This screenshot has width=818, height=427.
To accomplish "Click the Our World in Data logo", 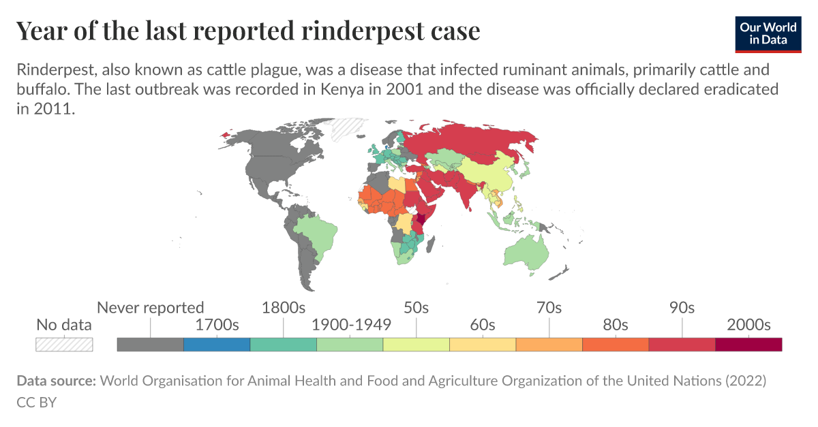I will click(x=768, y=32).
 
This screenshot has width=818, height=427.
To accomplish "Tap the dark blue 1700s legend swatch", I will click(x=217, y=344).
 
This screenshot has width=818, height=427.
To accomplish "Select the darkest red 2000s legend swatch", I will click(x=748, y=344).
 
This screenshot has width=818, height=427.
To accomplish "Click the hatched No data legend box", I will click(x=64, y=344).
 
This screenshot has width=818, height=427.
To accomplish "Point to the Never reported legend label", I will click(x=150, y=307).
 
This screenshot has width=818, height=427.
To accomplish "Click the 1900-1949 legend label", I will click(x=350, y=325).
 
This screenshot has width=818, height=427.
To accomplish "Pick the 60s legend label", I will click(x=483, y=325).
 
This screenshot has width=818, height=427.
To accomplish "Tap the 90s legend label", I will click(x=682, y=307).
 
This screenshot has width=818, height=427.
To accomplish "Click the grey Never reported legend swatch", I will click(x=150, y=344).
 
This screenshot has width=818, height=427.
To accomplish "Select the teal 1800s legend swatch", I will click(x=284, y=344).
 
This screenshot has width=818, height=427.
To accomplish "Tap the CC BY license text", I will click(x=36, y=402).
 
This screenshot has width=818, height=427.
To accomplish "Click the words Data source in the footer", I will click(x=56, y=381).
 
